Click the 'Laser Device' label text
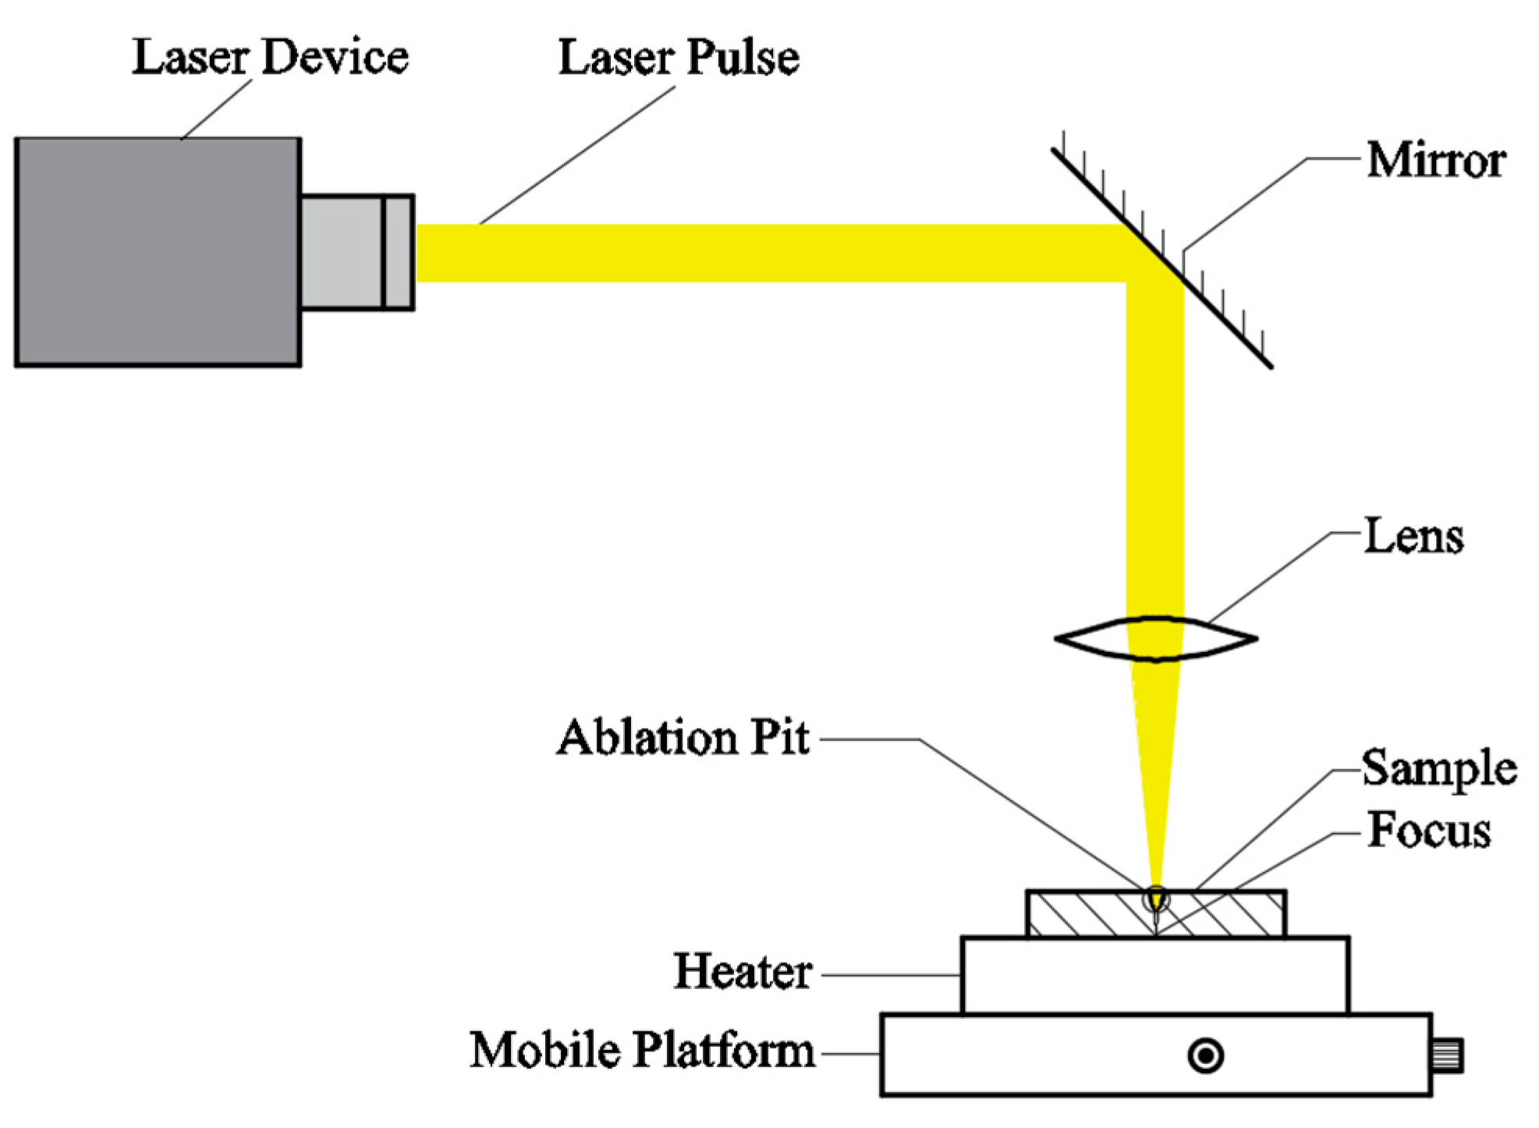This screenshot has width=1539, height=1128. coord(269,58)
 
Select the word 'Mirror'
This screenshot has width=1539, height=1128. coord(1435,161)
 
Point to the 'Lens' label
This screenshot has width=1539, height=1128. coord(1413,537)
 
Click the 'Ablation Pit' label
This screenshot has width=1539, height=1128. coord(683,738)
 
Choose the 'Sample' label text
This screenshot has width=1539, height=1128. coord(1439,768)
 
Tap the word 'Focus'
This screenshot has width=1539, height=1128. coord(1429,830)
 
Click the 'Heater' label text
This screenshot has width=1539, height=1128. coord(743,972)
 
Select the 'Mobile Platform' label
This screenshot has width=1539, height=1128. coord(641,1050)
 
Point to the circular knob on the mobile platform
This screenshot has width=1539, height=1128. coord(1205,1056)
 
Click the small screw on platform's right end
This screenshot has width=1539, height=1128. coord(1447,1055)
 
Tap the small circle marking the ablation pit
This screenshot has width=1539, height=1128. coord(1156,899)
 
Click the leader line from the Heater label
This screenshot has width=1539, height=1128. coord(889,974)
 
